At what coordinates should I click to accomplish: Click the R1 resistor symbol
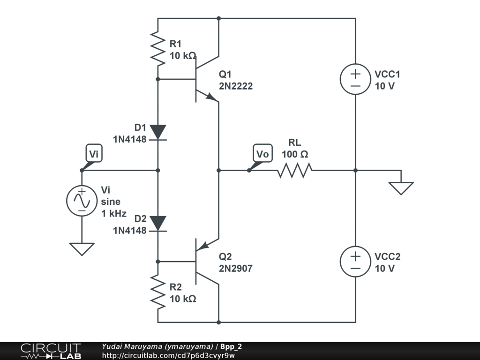click(x=158, y=48)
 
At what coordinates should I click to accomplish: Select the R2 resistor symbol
click(x=158, y=292)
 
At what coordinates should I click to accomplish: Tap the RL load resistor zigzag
click(x=295, y=171)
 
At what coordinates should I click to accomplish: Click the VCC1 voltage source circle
click(x=355, y=79)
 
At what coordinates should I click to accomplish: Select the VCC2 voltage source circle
click(x=355, y=262)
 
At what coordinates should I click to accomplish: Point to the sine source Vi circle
click(x=82, y=201)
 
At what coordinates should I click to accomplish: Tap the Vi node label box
click(x=94, y=153)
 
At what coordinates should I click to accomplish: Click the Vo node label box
click(x=262, y=153)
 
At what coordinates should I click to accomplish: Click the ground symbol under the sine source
click(x=82, y=249)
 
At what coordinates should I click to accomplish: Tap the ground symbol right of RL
click(x=401, y=188)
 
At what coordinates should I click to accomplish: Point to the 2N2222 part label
click(x=236, y=86)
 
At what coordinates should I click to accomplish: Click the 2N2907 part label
click(x=236, y=269)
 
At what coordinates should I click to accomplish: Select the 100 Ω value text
click(x=295, y=154)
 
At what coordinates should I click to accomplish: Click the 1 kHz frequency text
click(x=114, y=213)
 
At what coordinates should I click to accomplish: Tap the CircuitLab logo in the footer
click(x=51, y=351)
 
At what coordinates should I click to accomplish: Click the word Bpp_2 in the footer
click(x=231, y=346)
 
